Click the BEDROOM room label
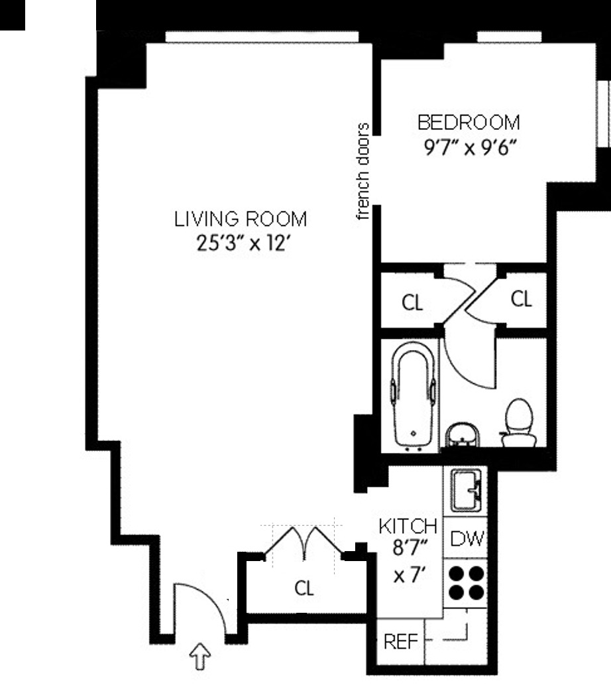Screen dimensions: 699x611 point(469,123)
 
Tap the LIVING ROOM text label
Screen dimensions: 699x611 point(241,220)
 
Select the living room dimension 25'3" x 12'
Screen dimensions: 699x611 point(241,243)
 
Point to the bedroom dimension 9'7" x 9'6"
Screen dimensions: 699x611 point(470,147)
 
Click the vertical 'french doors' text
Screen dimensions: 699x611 point(362,172)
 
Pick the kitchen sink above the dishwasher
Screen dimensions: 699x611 point(467,490)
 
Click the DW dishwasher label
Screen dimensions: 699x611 point(467,539)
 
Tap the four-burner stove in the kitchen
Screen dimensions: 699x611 point(467,582)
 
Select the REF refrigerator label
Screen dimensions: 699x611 point(400,642)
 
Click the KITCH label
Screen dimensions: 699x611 point(408,527)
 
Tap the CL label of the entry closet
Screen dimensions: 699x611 point(304,588)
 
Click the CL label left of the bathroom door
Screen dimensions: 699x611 point(412,303)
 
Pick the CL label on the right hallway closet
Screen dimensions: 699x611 point(521,300)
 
